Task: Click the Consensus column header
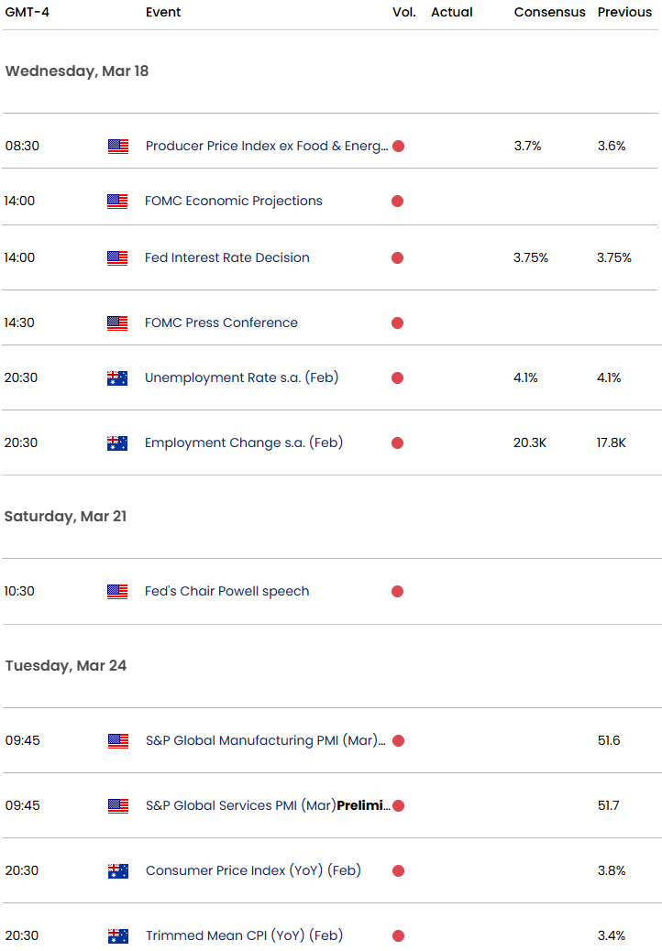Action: click(550, 12)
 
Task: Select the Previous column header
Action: click(624, 12)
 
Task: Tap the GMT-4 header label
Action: click(28, 12)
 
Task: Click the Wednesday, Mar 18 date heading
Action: click(77, 71)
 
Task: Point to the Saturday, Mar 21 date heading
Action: click(65, 516)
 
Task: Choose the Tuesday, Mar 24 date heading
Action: click(66, 665)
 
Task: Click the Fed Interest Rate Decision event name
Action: click(227, 257)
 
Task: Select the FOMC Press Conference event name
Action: click(222, 322)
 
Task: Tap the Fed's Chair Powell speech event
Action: click(227, 591)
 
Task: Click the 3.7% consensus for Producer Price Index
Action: click(527, 147)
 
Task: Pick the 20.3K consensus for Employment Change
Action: click(530, 443)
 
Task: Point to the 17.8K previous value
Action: click(611, 443)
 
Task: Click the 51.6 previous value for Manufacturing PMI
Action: click(609, 740)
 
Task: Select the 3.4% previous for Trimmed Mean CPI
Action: click(612, 935)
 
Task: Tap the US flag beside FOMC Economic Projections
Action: click(117, 202)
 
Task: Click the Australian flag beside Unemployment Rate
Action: click(117, 377)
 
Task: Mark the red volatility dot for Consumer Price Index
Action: click(399, 871)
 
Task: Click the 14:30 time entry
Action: click(19, 322)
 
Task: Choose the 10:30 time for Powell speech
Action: click(19, 591)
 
